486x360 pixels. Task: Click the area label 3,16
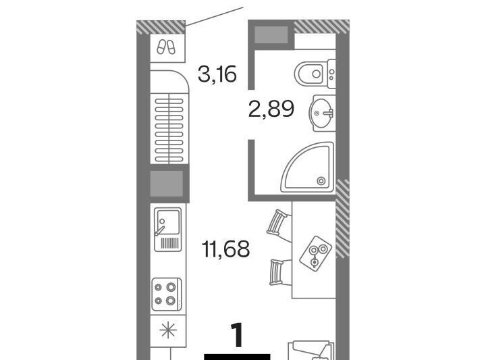coord(217,74)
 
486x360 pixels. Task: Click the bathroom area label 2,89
coord(271,109)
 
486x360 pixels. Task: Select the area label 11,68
coord(225,249)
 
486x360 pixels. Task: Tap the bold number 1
coord(238,335)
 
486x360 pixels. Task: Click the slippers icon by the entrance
coord(166,47)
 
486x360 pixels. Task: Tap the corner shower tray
coord(308,167)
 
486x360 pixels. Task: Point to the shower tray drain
coord(321,180)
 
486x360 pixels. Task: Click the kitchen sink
coord(168,229)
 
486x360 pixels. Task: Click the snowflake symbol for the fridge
coord(168,330)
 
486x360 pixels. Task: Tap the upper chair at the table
coord(279,224)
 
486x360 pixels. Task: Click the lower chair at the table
coord(280,272)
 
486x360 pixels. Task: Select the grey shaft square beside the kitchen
coord(167,184)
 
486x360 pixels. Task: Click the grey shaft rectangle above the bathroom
coord(271,34)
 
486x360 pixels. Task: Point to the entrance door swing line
coord(215,16)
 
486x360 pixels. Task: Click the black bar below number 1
coord(237,357)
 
